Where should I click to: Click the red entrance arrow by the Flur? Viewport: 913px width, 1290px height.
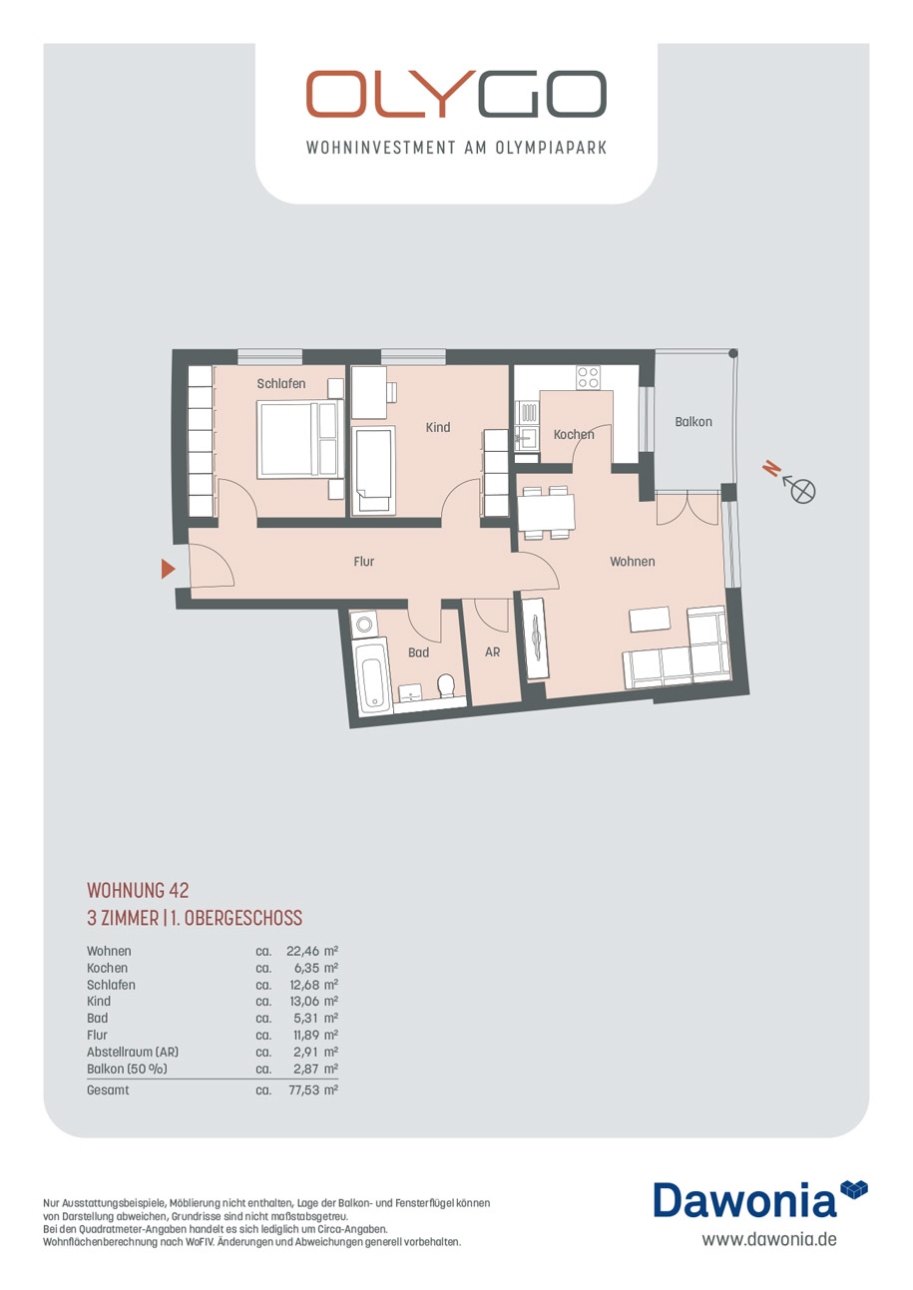(x=168, y=569)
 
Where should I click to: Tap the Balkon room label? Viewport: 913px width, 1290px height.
(x=692, y=422)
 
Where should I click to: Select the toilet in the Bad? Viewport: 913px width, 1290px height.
(x=445, y=685)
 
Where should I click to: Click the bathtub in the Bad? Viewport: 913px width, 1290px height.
(x=374, y=676)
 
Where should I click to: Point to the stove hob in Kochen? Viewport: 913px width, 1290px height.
(x=588, y=377)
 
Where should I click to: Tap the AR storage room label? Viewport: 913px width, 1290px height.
(x=492, y=651)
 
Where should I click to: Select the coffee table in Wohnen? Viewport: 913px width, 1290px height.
(x=650, y=621)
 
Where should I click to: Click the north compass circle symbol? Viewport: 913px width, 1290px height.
(x=803, y=491)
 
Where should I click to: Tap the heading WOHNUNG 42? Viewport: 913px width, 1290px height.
(x=138, y=890)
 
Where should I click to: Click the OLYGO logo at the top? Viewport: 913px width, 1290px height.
(x=456, y=95)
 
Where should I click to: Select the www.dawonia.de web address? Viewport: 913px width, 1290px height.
(x=768, y=1239)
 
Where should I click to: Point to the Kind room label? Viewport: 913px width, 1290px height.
(x=438, y=427)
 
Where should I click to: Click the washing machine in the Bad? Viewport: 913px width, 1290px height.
(x=364, y=625)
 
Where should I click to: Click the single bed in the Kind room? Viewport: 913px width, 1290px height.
(x=374, y=469)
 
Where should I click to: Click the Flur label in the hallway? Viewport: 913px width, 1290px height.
(x=363, y=562)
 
